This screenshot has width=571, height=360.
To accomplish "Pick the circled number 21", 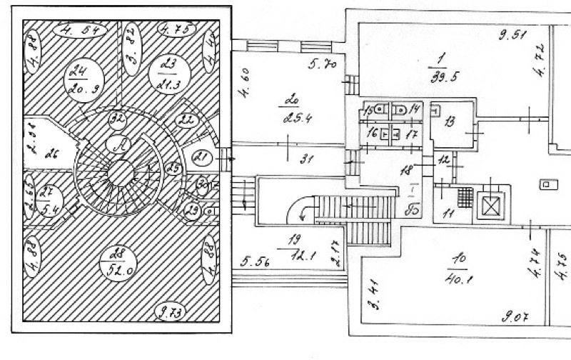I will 203,159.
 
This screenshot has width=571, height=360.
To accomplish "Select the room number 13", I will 449,122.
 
